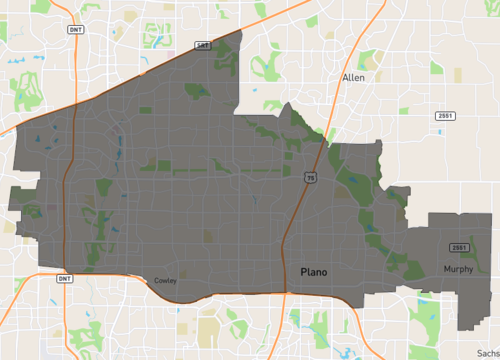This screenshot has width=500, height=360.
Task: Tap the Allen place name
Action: [x=353, y=77]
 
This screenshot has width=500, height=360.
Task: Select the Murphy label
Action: [x=459, y=269]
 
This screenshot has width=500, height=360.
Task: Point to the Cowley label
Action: [x=166, y=281]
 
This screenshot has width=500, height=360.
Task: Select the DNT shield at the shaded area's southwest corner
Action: [x=64, y=279]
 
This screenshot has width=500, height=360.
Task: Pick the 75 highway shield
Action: [x=311, y=178]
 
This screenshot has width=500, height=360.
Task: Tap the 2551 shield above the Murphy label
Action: [x=459, y=247]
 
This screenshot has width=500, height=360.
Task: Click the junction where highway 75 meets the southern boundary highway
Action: [x=287, y=293]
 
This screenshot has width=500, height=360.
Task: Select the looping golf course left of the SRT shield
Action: [x=158, y=41]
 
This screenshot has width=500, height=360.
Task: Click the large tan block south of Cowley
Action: [x=209, y=329]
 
